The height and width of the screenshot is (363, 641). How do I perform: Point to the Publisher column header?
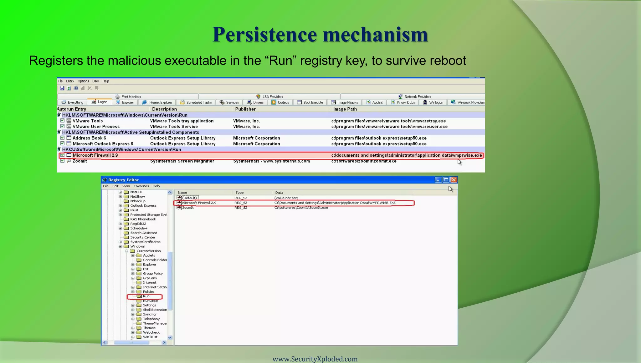(x=245, y=109)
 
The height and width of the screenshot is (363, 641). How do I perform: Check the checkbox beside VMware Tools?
(x=63, y=121)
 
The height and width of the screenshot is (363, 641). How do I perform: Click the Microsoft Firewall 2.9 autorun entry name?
(x=95, y=155)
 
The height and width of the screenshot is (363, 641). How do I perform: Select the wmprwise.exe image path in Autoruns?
(x=406, y=155)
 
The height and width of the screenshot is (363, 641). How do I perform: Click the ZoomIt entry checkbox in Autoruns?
(x=63, y=161)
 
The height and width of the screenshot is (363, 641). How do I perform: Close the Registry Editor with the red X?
(x=454, y=180)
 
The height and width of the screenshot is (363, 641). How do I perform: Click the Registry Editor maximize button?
(x=446, y=180)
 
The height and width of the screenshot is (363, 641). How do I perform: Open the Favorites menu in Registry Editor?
(x=141, y=186)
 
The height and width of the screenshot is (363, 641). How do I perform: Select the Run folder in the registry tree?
(x=146, y=296)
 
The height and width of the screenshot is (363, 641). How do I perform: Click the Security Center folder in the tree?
(x=143, y=237)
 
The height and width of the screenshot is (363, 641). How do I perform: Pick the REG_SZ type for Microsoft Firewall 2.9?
(x=241, y=203)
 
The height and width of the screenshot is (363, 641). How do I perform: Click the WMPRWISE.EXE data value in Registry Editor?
(x=335, y=203)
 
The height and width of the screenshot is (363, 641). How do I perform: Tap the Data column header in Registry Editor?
(x=279, y=193)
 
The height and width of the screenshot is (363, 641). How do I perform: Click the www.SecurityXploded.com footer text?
(x=315, y=359)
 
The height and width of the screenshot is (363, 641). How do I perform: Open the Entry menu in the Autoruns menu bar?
(x=70, y=81)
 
